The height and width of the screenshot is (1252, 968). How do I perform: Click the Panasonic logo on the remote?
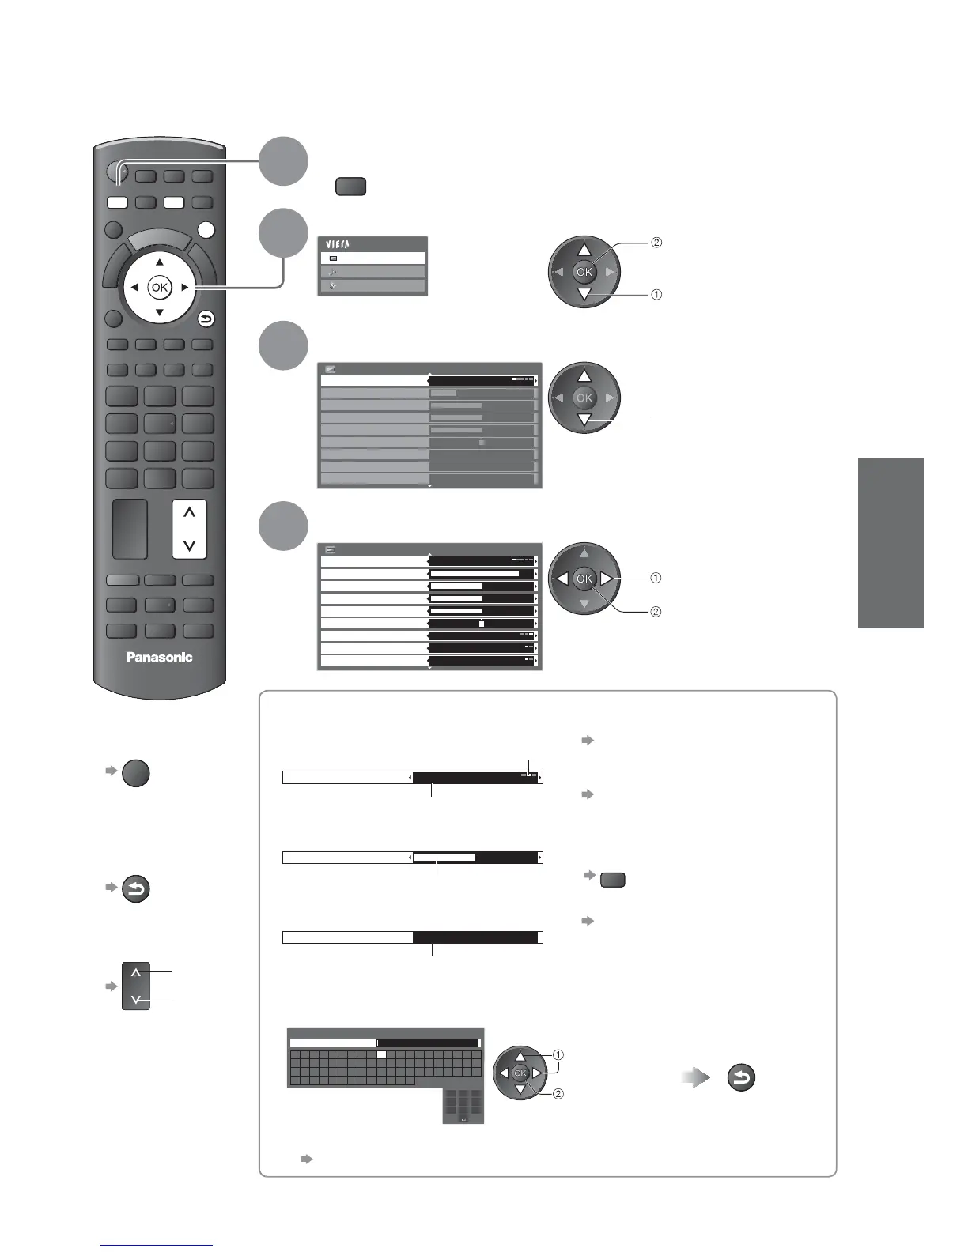click(159, 657)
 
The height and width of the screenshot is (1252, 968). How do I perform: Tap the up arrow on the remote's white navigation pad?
click(160, 262)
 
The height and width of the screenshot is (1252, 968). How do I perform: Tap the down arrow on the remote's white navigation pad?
click(160, 313)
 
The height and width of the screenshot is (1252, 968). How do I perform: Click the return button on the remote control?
click(206, 319)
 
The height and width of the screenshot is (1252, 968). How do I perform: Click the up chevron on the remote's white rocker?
click(189, 513)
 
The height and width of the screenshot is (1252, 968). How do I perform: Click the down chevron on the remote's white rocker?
click(189, 545)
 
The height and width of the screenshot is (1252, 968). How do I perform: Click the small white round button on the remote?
click(206, 230)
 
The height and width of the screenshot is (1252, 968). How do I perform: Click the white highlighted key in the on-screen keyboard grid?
click(380, 1054)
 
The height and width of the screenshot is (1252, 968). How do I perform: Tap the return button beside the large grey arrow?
click(741, 1078)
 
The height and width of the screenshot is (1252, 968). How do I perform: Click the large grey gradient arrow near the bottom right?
click(696, 1078)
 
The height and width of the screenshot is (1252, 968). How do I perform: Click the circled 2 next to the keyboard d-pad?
click(558, 1095)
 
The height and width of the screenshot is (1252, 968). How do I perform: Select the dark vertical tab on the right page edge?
click(890, 542)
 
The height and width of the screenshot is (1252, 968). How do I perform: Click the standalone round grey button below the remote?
click(136, 772)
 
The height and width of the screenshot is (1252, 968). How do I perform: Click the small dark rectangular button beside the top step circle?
click(350, 187)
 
